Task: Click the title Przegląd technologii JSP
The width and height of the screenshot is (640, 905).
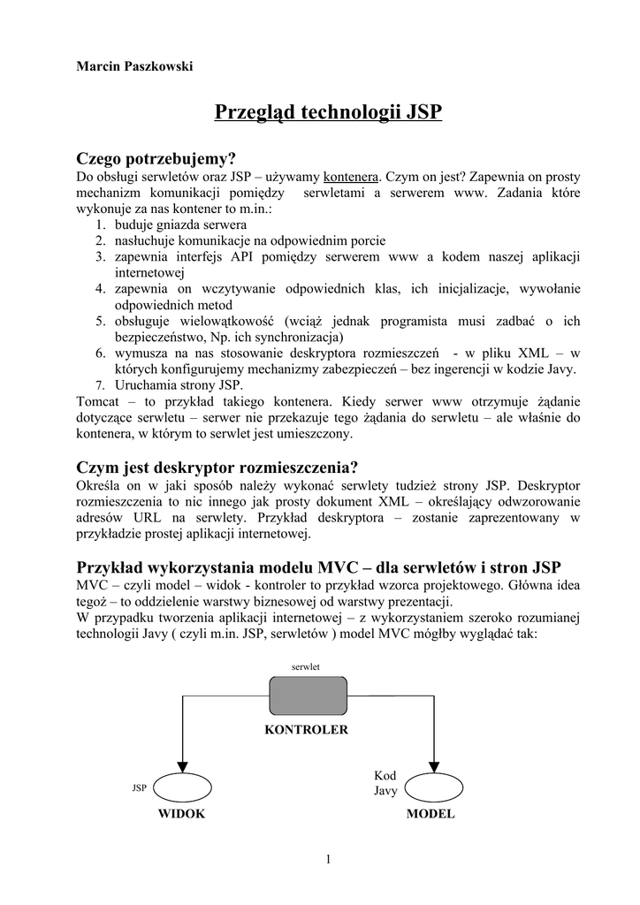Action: click(328, 114)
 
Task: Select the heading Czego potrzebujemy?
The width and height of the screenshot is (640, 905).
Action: click(157, 159)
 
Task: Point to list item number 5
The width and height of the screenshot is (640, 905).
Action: click(101, 321)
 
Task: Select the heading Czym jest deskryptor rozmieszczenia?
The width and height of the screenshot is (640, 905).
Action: click(217, 468)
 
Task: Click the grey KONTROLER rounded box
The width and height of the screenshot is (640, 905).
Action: click(308, 696)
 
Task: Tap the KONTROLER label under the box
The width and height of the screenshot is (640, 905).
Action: click(307, 730)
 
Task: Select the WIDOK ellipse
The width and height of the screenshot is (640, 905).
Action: click(182, 787)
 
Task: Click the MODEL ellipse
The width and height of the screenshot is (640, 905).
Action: click(432, 787)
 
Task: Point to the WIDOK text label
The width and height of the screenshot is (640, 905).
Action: click(181, 814)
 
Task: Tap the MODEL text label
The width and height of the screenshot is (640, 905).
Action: click(430, 814)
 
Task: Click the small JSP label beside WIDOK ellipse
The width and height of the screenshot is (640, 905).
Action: click(139, 787)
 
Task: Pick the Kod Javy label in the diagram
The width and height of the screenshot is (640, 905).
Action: click(385, 783)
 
